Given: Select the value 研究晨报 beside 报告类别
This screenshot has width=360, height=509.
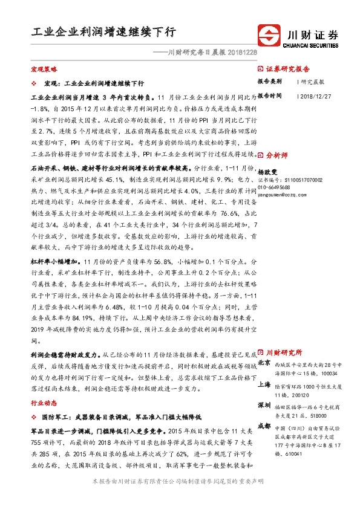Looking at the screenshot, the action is tap(312, 81).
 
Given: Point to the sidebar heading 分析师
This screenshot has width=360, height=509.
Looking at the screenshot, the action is tap(277, 155).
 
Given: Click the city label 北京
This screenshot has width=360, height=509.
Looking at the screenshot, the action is tap(264, 363).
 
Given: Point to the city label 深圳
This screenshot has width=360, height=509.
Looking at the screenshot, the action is tap(264, 404).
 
